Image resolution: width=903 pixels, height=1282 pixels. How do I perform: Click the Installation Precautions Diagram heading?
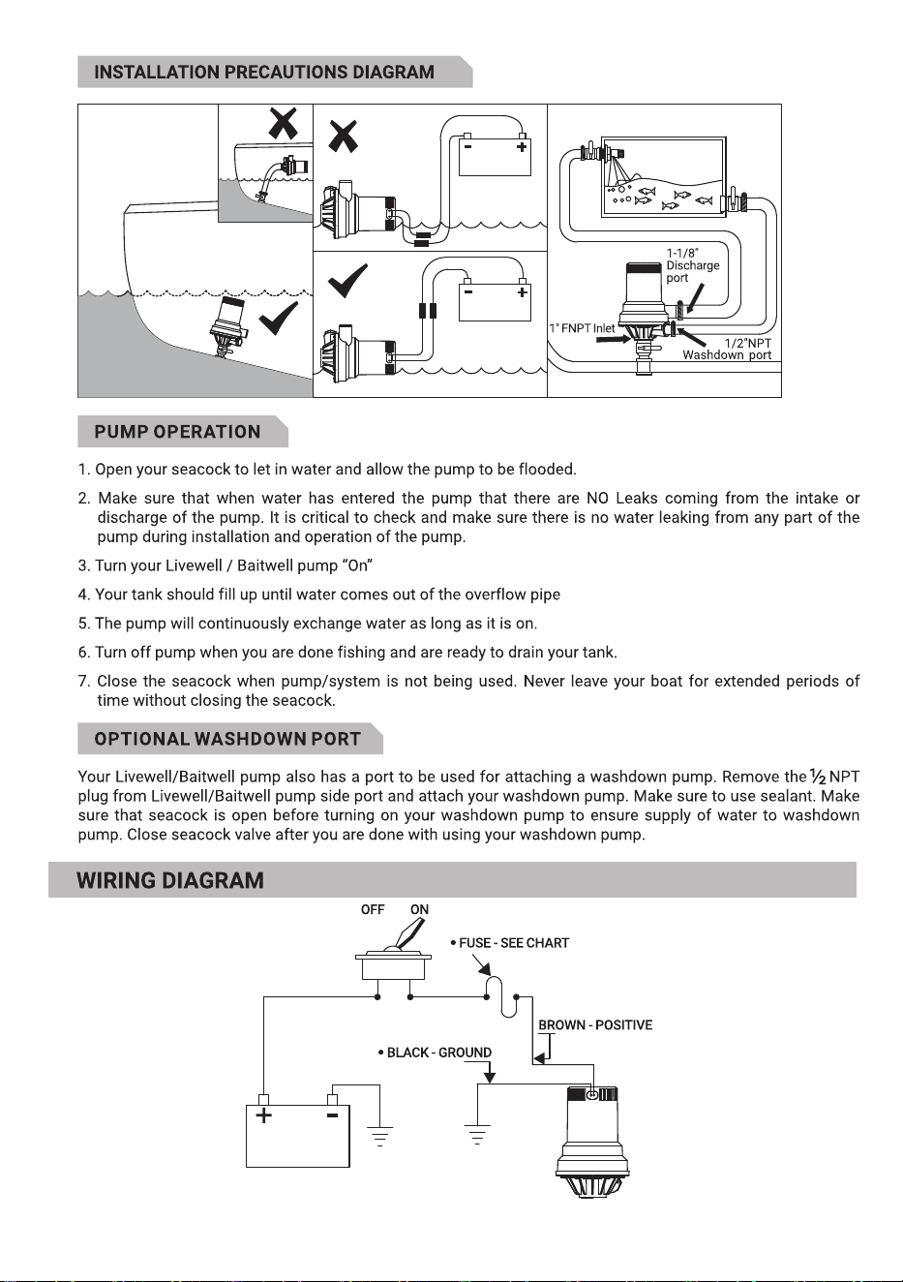tap(264, 72)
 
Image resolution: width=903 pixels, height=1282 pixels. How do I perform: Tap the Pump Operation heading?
tap(177, 432)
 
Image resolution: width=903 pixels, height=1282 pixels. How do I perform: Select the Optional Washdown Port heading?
tap(227, 739)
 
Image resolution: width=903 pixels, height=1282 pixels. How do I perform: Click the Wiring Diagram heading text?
tap(170, 880)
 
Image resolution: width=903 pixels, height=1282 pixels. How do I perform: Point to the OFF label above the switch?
tap(373, 909)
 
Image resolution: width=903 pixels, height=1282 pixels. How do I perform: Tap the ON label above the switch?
tap(419, 909)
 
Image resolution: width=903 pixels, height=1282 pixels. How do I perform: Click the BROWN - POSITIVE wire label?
tap(595, 1024)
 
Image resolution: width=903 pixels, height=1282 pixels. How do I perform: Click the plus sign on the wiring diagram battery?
tap(263, 1114)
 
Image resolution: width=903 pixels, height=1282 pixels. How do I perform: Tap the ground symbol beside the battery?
tap(380, 1137)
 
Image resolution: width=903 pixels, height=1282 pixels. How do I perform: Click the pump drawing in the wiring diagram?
tap(592, 1142)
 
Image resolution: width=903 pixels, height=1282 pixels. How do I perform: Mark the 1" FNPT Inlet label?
tap(582, 328)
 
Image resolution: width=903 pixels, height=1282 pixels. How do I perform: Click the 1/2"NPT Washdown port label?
tap(727, 349)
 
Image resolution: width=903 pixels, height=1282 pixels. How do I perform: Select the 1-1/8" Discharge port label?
tap(692, 265)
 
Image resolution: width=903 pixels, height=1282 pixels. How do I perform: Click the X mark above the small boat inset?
tap(284, 122)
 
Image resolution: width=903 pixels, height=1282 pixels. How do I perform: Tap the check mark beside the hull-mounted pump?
tap(278, 319)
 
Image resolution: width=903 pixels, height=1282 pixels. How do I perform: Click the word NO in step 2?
tap(597, 498)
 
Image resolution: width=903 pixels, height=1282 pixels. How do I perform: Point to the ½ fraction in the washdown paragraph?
tap(818, 777)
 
